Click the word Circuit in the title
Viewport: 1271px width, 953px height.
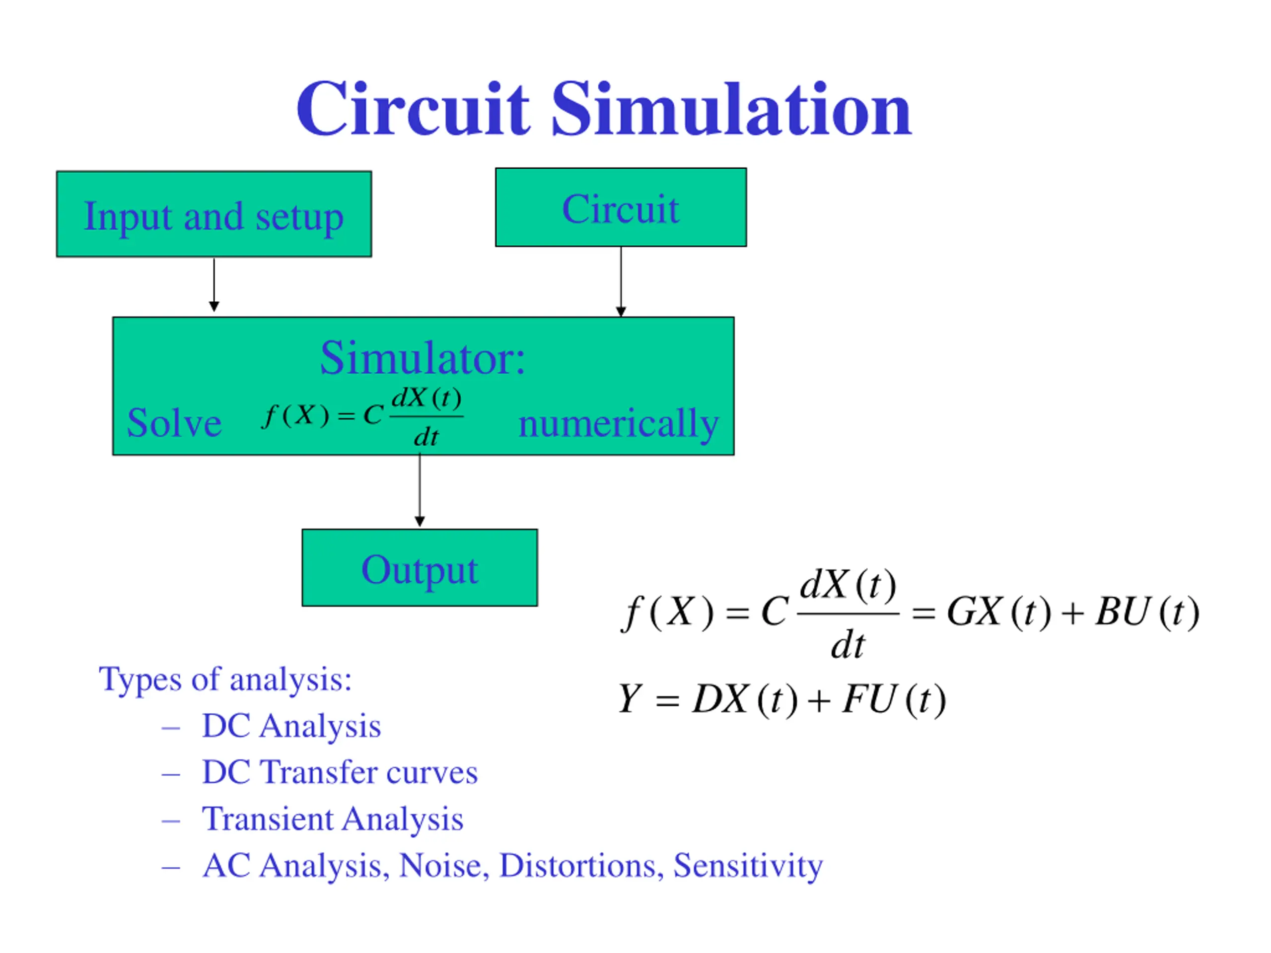tap(412, 109)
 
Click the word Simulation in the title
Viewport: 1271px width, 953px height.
tap(731, 109)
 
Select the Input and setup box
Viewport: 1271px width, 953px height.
tap(214, 214)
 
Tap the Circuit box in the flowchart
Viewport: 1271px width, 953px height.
tap(621, 207)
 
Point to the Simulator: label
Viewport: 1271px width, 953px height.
tap(423, 358)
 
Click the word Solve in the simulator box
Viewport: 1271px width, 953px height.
tap(174, 423)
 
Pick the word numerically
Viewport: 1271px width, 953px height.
tap(618, 424)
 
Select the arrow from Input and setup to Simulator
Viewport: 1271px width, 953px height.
tap(214, 285)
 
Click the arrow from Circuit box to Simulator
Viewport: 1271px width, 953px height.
tap(621, 281)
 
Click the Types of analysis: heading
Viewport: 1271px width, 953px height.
tap(225, 679)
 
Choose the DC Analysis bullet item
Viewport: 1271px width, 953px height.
tap(291, 726)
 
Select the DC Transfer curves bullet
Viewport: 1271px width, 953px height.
tap(340, 772)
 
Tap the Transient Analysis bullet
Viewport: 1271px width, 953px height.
tap(333, 818)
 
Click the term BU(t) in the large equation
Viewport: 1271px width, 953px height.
tap(1147, 612)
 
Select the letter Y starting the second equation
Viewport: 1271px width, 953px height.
tap(630, 699)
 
